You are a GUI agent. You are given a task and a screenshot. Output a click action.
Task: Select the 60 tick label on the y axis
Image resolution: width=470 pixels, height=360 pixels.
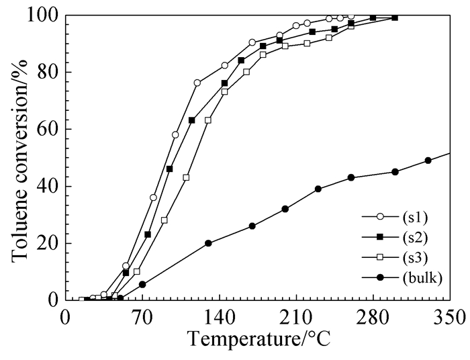[48, 129]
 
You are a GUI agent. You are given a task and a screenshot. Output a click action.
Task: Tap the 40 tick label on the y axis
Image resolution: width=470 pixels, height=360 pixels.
[48, 186]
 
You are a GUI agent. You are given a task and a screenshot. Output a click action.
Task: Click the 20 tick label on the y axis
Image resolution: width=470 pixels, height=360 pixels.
[48, 243]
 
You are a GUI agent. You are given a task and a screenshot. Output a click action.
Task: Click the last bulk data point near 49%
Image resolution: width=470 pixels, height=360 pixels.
[428, 161]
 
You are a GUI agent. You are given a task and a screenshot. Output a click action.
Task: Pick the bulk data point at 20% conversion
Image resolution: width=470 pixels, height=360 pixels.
[208, 243]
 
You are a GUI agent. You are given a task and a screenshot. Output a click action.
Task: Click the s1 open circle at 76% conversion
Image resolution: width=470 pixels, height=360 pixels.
[197, 83]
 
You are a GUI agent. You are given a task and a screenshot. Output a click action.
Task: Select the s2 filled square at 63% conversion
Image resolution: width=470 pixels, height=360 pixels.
[192, 120]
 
